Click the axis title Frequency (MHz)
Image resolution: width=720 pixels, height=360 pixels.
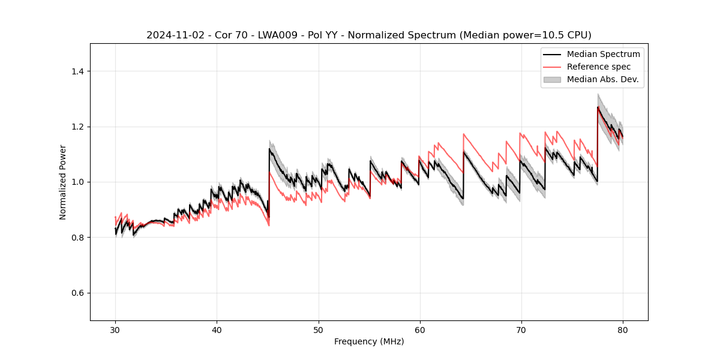(369, 341)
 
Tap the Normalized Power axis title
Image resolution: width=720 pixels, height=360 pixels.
(63, 182)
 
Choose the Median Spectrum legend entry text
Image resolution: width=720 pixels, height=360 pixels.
(603, 54)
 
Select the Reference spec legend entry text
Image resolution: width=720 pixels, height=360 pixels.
(598, 67)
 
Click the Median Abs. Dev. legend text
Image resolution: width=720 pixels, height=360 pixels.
(602, 79)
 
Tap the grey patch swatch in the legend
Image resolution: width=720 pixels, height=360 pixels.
(552, 79)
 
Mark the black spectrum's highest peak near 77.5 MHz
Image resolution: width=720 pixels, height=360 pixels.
(598, 107)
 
